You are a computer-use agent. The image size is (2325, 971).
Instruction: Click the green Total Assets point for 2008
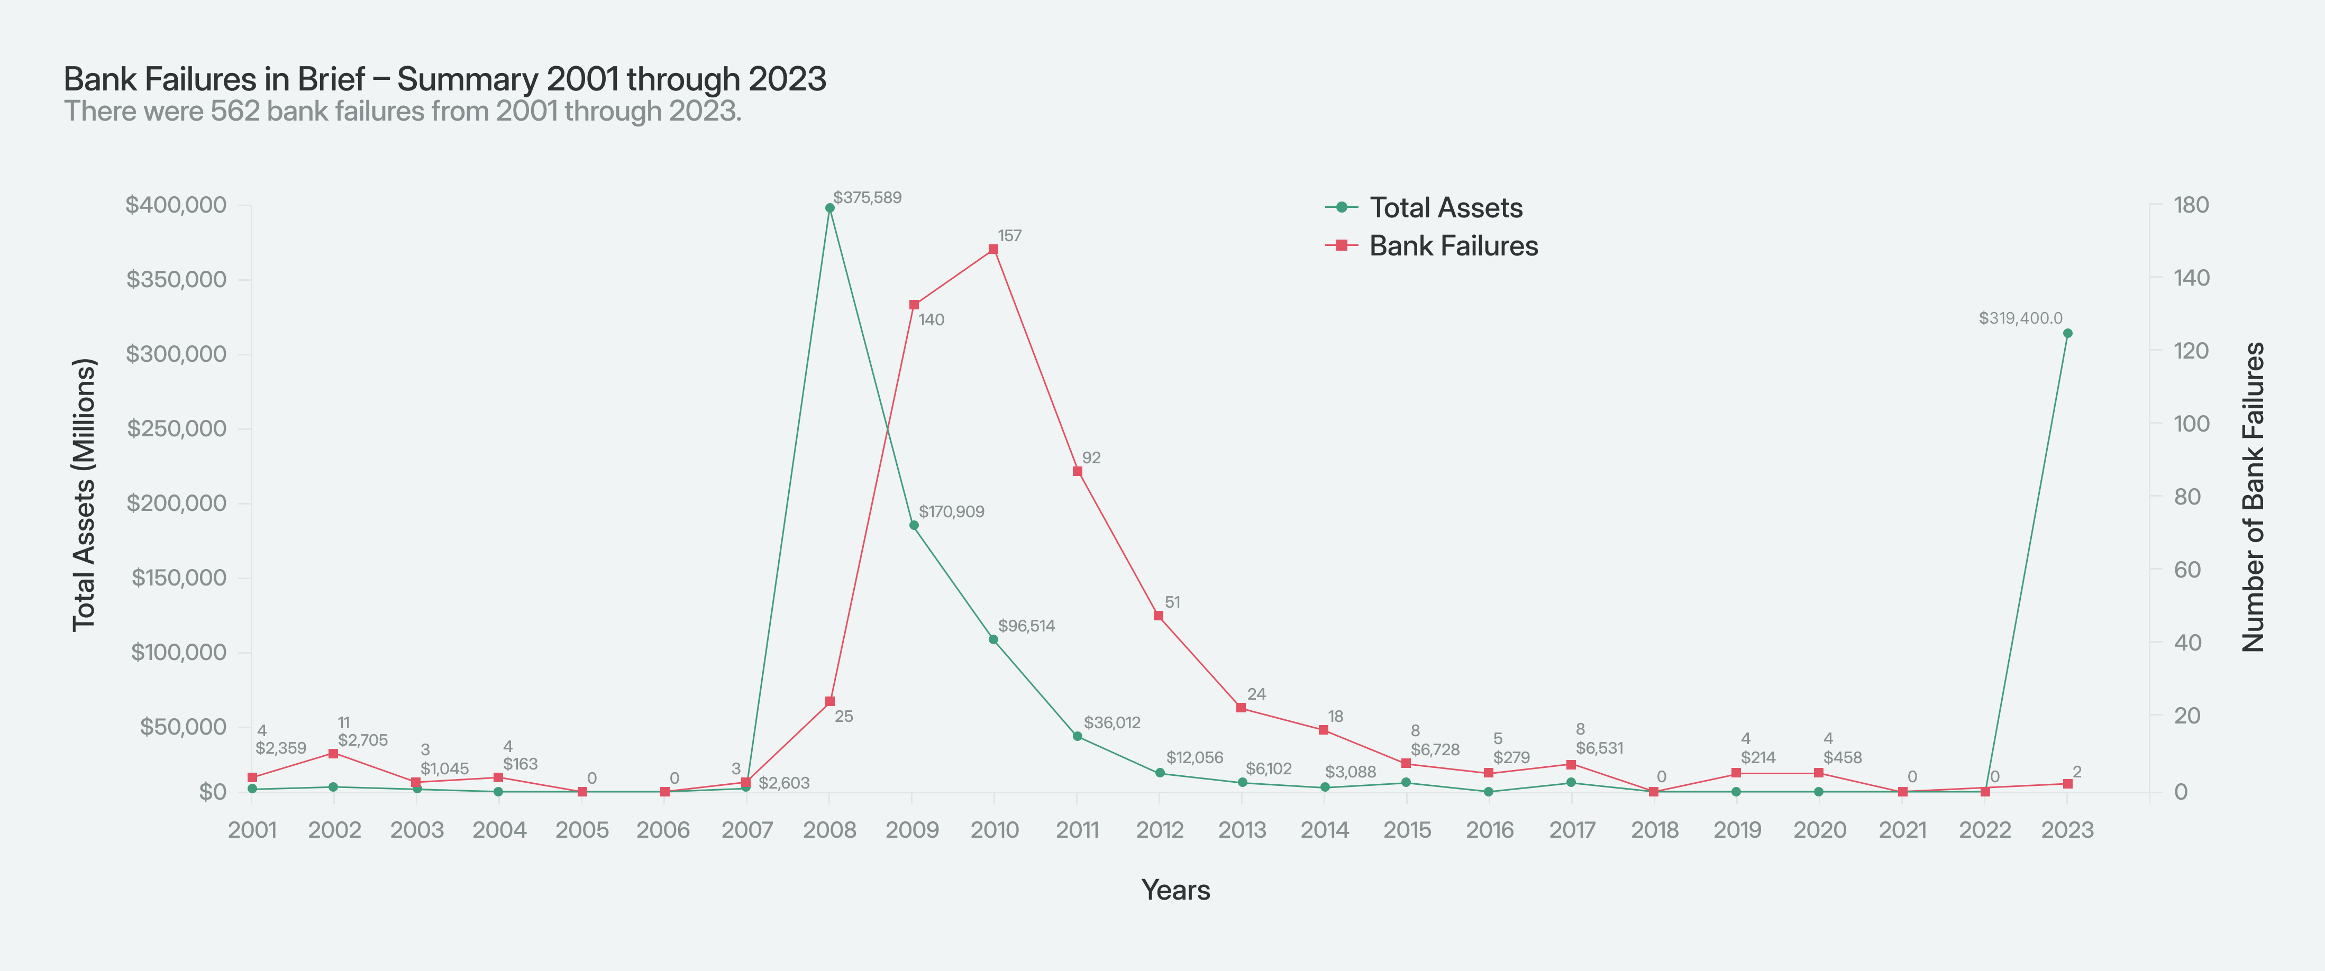point(829,207)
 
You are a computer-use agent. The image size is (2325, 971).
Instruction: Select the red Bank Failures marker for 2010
point(993,249)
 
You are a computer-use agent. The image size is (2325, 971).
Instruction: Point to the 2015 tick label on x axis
point(1407,830)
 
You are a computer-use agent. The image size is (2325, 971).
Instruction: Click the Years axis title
point(1175,890)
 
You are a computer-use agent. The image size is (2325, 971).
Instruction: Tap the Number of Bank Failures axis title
point(2254,496)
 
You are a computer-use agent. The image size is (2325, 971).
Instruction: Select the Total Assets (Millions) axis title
point(84,494)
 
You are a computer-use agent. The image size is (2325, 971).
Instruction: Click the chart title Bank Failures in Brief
point(444,79)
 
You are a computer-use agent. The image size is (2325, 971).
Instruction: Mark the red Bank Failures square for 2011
point(1077,471)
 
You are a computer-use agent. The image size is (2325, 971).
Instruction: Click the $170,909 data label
point(951,511)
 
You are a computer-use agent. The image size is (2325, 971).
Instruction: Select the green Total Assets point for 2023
point(2068,333)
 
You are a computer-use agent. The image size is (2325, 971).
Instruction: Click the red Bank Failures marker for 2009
point(914,305)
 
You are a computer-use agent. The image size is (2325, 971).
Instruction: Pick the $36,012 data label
point(1112,723)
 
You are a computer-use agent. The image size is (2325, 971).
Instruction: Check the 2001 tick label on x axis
point(252,830)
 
